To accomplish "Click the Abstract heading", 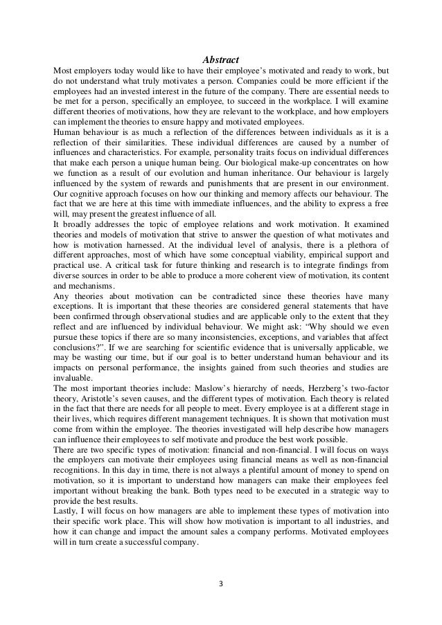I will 221,60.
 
